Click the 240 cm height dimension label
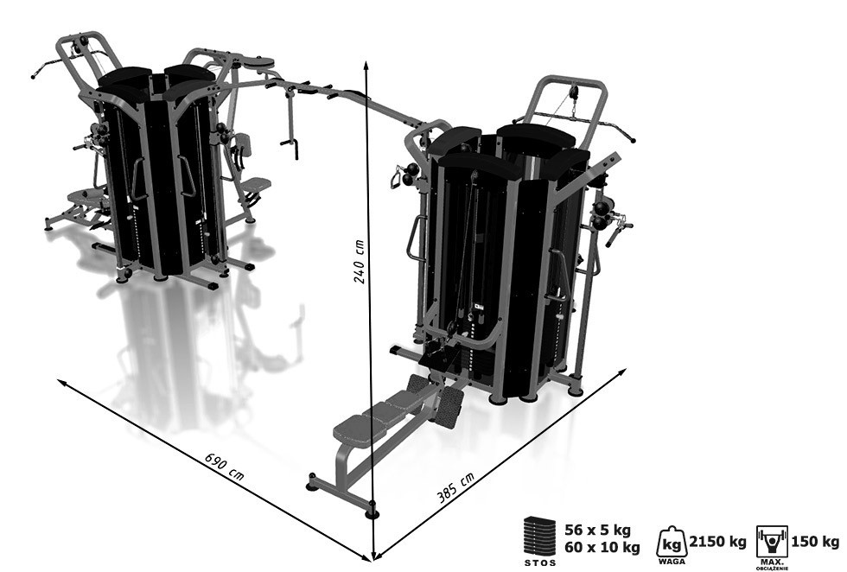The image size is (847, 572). pos(360,262)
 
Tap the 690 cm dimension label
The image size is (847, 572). pos(224,466)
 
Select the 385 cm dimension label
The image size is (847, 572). pos(456,487)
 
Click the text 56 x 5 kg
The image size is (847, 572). pos(597,530)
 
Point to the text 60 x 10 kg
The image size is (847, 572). pos(602,548)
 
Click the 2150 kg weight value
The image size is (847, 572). pos(717,542)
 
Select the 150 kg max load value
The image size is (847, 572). pos(815,541)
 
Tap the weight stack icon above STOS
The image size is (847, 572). pos(539,537)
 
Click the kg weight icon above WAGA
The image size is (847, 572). pos(672,542)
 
